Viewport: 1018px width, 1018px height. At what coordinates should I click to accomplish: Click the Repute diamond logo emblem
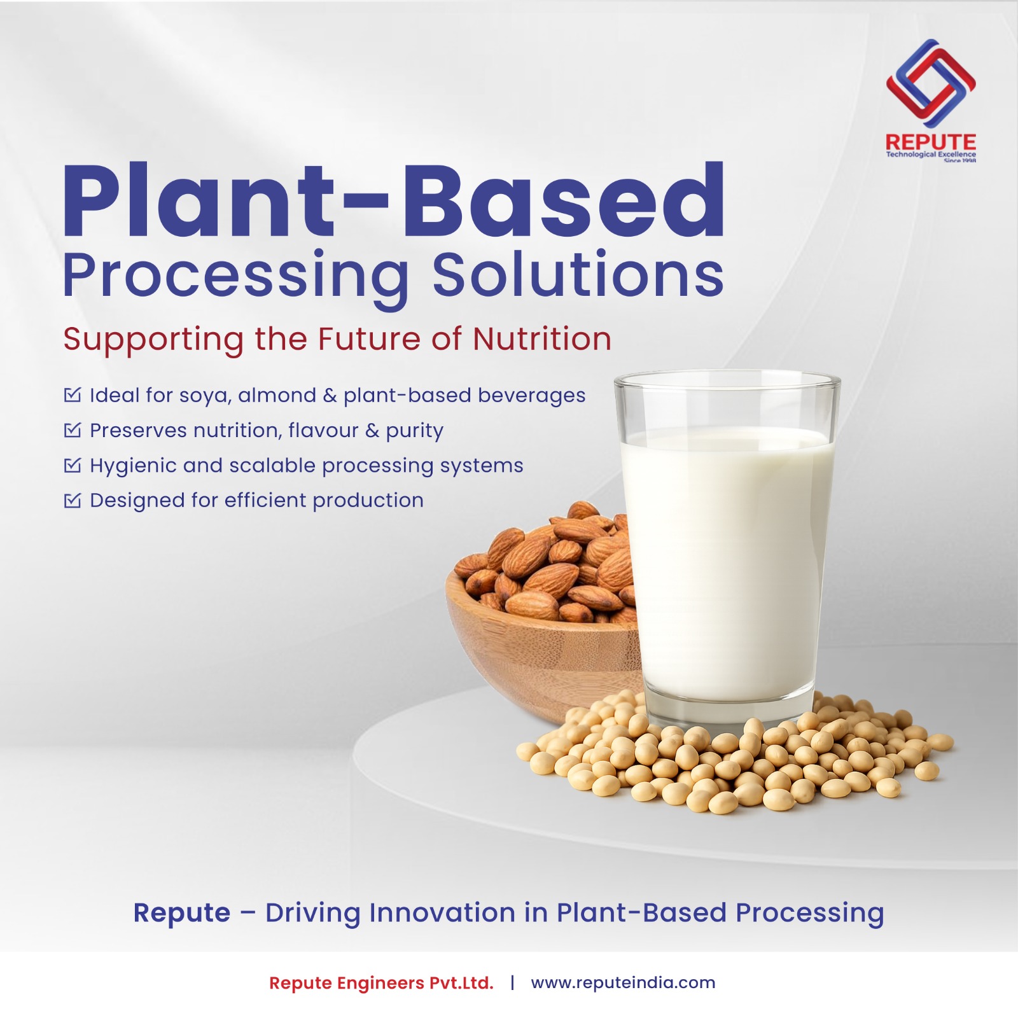pyautogui.click(x=931, y=83)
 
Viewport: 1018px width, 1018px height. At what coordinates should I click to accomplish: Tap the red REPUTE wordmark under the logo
pyautogui.click(x=931, y=142)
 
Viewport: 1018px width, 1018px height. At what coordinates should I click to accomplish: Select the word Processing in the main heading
pyautogui.click(x=236, y=275)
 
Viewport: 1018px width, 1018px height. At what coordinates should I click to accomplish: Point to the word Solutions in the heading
pyautogui.click(x=578, y=274)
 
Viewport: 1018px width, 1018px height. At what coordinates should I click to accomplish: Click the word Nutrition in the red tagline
pyautogui.click(x=542, y=338)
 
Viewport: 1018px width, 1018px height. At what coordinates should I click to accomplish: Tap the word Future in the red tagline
pyautogui.click(x=369, y=338)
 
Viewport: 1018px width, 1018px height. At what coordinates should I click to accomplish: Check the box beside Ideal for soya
pyautogui.click(x=73, y=395)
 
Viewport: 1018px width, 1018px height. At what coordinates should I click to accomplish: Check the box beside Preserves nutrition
pyautogui.click(x=73, y=430)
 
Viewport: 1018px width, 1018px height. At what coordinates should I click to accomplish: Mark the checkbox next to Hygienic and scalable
pyautogui.click(x=73, y=465)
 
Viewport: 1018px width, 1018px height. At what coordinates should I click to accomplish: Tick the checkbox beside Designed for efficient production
pyautogui.click(x=73, y=501)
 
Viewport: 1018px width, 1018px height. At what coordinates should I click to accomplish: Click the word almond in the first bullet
pyautogui.click(x=277, y=395)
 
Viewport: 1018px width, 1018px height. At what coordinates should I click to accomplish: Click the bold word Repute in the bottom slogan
pyautogui.click(x=182, y=913)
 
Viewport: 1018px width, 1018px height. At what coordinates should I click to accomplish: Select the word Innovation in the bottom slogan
pyautogui.click(x=443, y=912)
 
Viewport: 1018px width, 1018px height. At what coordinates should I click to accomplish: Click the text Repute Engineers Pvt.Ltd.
pyautogui.click(x=381, y=983)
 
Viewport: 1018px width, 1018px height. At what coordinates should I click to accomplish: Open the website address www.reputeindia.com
pyautogui.click(x=623, y=983)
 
